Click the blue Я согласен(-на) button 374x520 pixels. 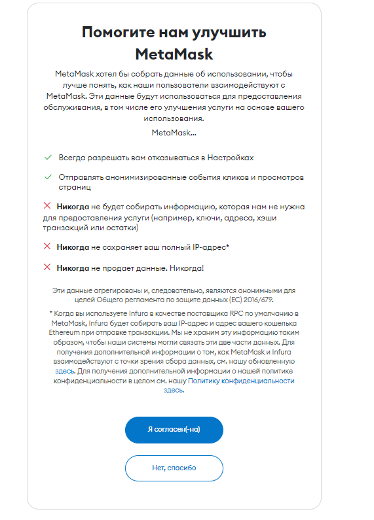point(174,430)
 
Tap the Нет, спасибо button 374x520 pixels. point(174,468)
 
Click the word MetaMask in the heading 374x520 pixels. point(174,53)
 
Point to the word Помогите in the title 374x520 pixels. point(121,32)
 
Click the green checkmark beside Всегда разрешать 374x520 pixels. point(48,158)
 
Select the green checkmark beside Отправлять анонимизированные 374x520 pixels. point(48,177)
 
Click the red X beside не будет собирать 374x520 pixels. point(47,206)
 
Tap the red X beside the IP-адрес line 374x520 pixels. point(47,247)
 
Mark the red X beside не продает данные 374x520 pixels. point(47,267)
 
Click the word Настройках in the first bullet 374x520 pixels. point(230,158)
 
